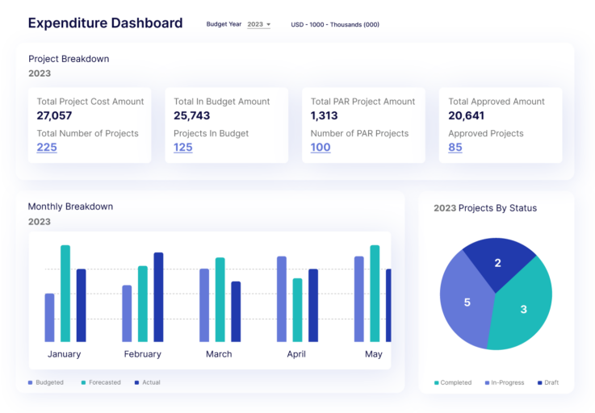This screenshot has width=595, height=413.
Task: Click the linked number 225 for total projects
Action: click(47, 148)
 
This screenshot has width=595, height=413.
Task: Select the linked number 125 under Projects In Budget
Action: click(183, 148)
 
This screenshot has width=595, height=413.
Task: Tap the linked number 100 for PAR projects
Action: click(321, 148)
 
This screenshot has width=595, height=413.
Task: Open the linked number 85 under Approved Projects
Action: click(455, 148)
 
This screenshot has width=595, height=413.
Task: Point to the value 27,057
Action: click(55, 116)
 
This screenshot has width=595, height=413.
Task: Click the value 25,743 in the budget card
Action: click(192, 116)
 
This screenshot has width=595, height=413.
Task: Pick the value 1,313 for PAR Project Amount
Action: click(325, 116)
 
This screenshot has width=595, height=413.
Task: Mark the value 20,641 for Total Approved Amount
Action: click(467, 116)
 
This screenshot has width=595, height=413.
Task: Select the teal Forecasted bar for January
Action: click(65, 294)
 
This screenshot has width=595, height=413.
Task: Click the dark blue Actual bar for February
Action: click(158, 297)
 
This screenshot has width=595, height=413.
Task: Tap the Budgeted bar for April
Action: click(282, 299)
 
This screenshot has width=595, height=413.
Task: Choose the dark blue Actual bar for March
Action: click(236, 311)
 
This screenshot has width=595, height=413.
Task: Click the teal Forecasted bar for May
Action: click(375, 294)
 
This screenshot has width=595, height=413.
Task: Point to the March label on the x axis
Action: click(219, 354)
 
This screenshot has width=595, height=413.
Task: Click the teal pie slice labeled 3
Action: click(522, 311)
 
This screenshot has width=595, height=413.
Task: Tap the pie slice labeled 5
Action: click(466, 303)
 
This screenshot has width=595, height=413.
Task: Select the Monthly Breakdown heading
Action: click(70, 206)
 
